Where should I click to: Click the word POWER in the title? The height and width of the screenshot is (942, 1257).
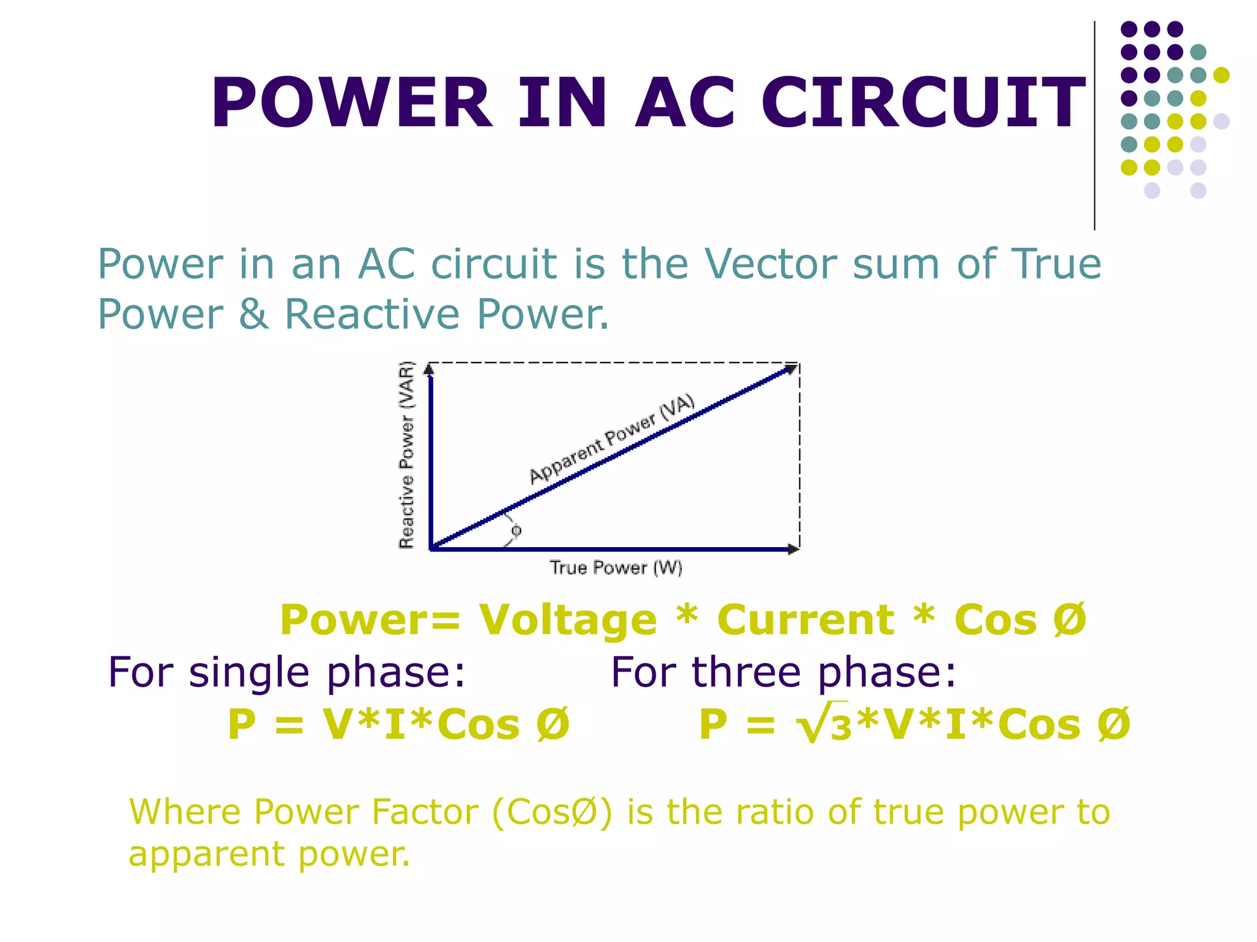point(351,102)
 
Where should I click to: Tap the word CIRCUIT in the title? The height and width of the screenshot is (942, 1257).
point(922,102)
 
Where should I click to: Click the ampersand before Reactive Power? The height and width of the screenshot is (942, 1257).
point(253,314)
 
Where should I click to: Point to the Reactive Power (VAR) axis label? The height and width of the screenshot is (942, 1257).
point(407,455)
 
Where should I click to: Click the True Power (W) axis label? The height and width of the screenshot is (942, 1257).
point(616,568)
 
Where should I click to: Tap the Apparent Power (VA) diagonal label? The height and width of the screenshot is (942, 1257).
point(612,439)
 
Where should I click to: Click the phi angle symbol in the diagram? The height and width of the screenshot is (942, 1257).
point(516,530)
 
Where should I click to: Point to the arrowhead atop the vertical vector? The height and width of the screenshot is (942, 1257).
point(430,369)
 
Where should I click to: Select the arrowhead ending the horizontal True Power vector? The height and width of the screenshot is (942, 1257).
point(793,549)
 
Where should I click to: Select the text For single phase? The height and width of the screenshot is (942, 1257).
point(287,673)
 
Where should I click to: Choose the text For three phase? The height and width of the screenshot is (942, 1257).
point(784,673)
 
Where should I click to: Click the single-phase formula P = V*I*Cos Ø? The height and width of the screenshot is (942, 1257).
point(398,725)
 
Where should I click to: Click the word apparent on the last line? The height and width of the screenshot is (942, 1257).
point(206,854)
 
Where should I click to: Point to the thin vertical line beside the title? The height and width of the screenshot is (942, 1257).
point(1094,126)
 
